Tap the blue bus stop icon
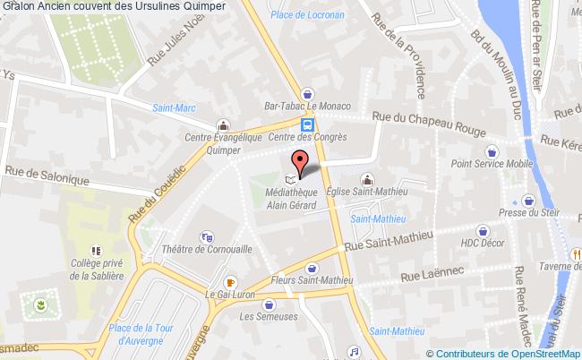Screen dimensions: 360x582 pyautogui.click(x=307, y=124)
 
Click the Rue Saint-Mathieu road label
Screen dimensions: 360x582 pyautogui.click(x=389, y=238)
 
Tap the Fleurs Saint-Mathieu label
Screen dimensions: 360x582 pyautogui.click(x=310, y=282)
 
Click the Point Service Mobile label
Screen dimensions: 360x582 pyautogui.click(x=490, y=163)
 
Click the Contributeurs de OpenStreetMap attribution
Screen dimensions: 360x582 pyautogui.click(x=507, y=353)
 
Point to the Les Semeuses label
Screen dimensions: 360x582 pyautogui.click(x=262, y=315)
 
